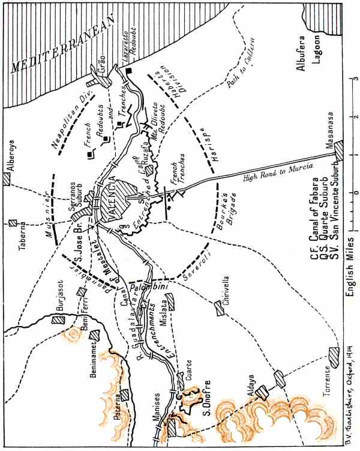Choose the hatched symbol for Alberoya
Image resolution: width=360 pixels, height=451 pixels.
point(8,178)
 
